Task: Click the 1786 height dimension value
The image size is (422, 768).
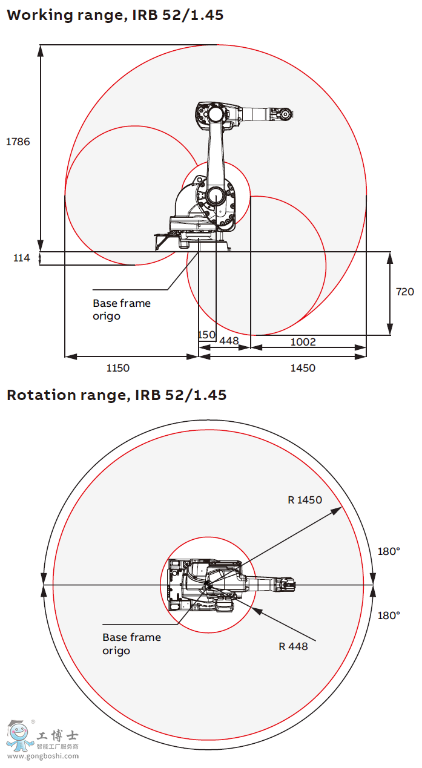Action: tap(18, 142)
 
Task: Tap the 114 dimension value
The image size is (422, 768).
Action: tap(21, 258)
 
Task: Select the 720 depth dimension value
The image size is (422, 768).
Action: tap(404, 292)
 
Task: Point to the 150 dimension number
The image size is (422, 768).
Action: tap(207, 335)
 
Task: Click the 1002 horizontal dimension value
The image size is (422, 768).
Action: tap(303, 342)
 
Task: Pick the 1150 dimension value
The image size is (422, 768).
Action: tap(117, 368)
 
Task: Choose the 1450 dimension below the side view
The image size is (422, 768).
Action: tap(303, 368)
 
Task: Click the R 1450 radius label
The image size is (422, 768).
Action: tap(305, 500)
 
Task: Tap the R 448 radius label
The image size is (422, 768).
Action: tap(293, 646)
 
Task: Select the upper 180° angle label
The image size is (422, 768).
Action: tap(389, 551)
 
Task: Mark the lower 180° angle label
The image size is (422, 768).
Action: tap(389, 615)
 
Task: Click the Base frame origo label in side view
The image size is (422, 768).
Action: tap(122, 309)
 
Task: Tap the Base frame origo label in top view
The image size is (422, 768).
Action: tap(131, 644)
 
